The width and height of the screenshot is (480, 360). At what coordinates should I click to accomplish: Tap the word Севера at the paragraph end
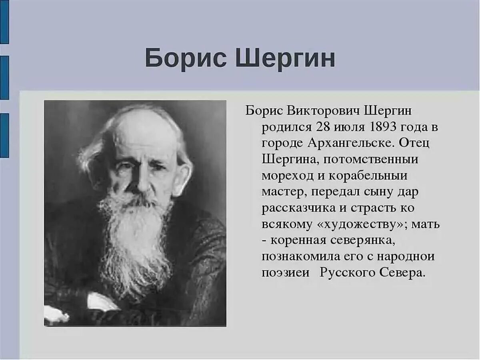tap(401, 273)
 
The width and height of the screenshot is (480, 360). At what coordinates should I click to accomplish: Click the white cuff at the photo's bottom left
tap(56, 314)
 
